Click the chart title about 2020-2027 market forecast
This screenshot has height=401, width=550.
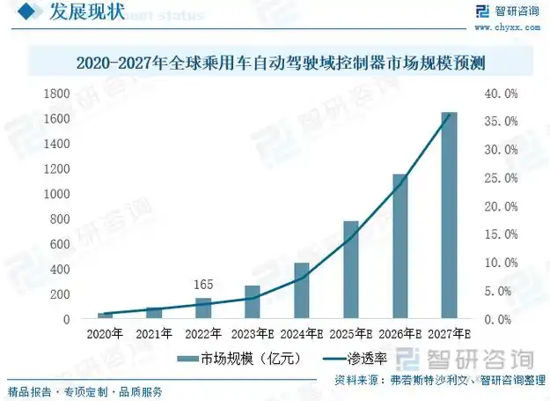pyautogui.click(x=281, y=63)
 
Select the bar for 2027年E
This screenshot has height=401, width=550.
pyautogui.click(x=449, y=216)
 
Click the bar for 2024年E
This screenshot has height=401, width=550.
pyautogui.click(x=301, y=291)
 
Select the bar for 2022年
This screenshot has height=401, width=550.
pyautogui.click(x=203, y=308)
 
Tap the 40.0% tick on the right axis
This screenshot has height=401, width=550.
pyautogui.click(x=500, y=93)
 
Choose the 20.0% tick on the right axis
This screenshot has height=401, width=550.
pyautogui.click(x=500, y=206)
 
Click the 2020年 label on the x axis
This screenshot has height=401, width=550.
pyautogui.click(x=105, y=334)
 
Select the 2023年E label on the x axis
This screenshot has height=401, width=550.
pyautogui.click(x=253, y=334)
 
